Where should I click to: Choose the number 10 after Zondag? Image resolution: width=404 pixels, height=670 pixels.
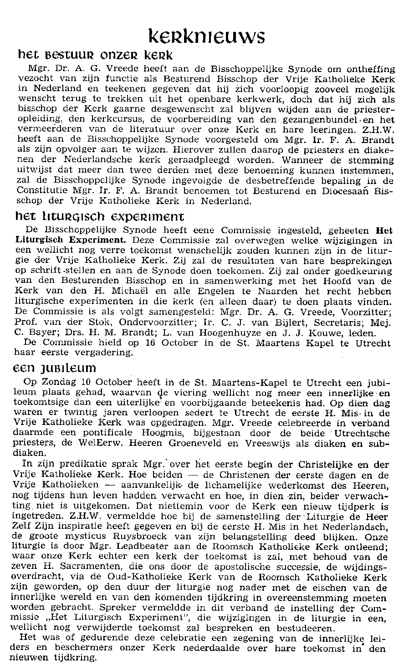click(85, 381)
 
